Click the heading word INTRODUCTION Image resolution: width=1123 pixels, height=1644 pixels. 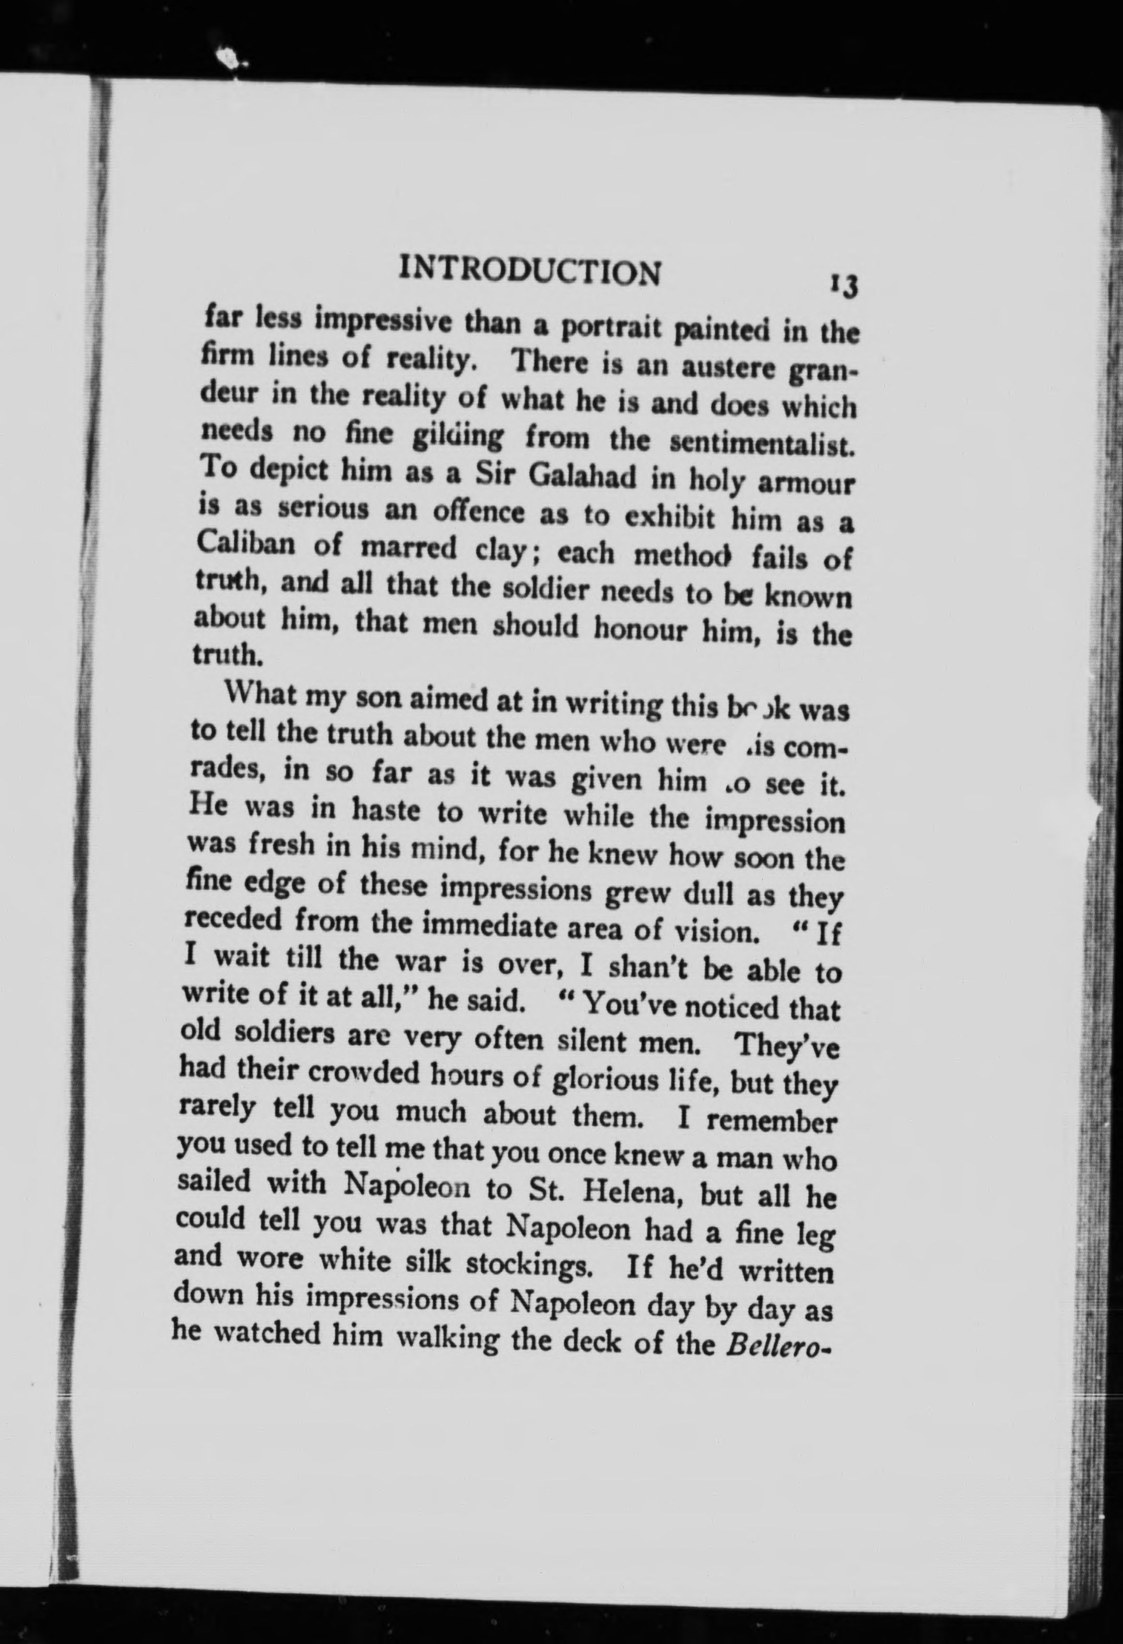pos(530,271)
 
